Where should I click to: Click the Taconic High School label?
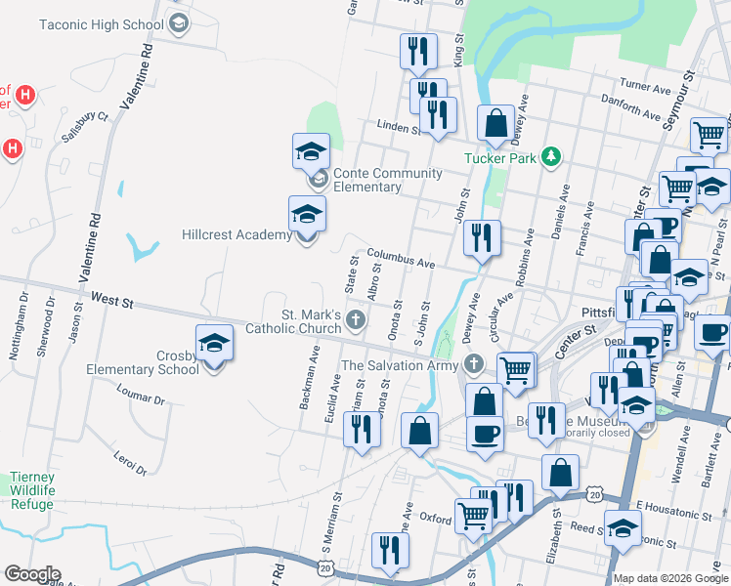[x=102, y=23]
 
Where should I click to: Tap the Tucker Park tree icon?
[x=552, y=156]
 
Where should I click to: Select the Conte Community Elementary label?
[x=388, y=180]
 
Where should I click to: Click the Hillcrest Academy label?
[x=236, y=234]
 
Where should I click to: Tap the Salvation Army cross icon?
[x=474, y=365]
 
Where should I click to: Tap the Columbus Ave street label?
[x=401, y=258]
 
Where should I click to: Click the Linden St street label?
[x=399, y=127]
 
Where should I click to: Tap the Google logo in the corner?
[x=32, y=574]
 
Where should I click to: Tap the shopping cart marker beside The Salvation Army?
[x=516, y=370]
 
